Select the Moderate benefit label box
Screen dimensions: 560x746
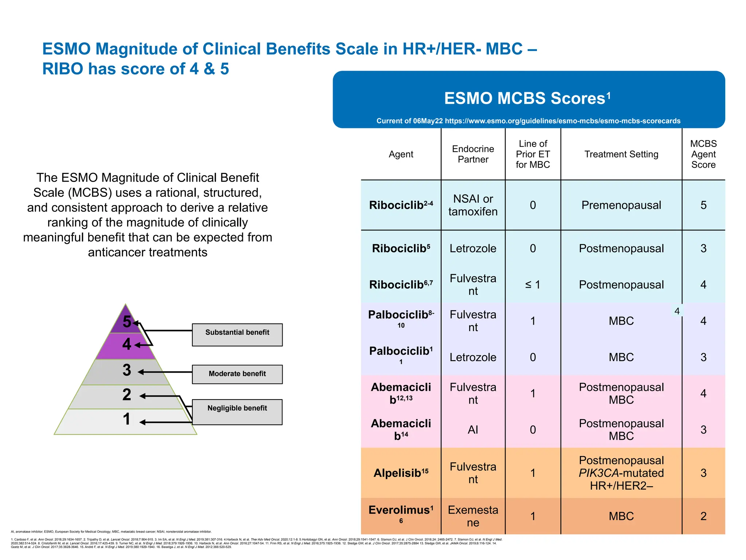pyautogui.click(x=237, y=374)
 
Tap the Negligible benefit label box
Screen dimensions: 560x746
pyautogui.click(x=237, y=412)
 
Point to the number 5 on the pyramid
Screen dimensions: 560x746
pyautogui.click(x=127, y=322)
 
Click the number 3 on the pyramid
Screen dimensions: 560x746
pyautogui.click(x=127, y=370)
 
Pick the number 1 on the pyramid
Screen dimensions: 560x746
pyautogui.click(x=127, y=419)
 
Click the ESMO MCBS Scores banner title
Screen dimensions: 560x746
pyautogui.click(x=527, y=98)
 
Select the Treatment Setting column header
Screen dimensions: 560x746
pyautogui.click(x=621, y=154)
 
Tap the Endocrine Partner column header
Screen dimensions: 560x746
pyautogui.click(x=473, y=154)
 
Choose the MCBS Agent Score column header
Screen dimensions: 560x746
pyautogui.click(x=703, y=154)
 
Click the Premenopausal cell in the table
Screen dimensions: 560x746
pyautogui.click(x=621, y=205)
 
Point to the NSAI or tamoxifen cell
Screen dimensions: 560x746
pyautogui.click(x=473, y=205)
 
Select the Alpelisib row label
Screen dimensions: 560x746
pyautogui.click(x=401, y=473)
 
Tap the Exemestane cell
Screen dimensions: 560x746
pyautogui.click(x=473, y=516)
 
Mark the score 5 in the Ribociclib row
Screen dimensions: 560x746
pyautogui.click(x=703, y=205)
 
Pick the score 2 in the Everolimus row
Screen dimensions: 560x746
pyautogui.click(x=703, y=516)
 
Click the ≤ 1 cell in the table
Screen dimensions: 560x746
pyautogui.click(x=533, y=285)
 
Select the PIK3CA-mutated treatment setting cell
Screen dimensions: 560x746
pyautogui.click(x=621, y=473)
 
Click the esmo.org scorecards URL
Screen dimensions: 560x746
pyautogui.click(x=562, y=121)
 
